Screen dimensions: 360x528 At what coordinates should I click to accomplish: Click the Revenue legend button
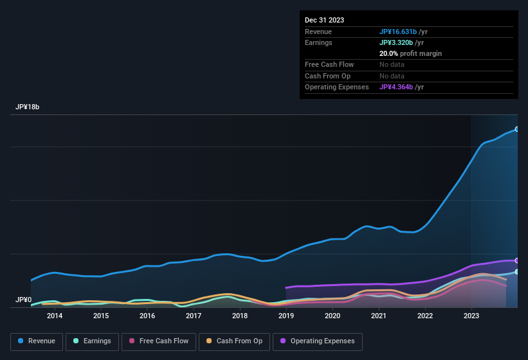coord(37,341)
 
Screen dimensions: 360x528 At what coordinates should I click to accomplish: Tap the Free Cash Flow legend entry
coord(158,341)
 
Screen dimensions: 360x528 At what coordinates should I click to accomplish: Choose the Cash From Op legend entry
coord(234,341)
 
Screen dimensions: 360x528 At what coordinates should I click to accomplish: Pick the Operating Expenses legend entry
coord(317,341)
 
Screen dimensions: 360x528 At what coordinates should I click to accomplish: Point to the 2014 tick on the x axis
coord(55,316)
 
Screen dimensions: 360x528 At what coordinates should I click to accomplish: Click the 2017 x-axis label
coord(194,316)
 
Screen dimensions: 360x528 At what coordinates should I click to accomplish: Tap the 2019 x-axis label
coord(286,316)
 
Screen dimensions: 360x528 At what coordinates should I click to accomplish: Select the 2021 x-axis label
coord(379,316)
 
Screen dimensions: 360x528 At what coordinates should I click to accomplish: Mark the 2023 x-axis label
coord(471,316)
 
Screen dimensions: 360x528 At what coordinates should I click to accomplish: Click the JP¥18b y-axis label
coord(28,107)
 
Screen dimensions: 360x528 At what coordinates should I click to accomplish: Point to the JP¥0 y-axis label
coord(24,300)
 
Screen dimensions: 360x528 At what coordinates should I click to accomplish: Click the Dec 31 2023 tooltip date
coord(324,20)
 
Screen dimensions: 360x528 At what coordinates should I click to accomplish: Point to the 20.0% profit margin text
coord(410,53)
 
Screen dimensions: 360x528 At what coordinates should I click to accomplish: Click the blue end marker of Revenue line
coord(517,129)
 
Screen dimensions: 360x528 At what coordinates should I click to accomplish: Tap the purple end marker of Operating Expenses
coord(517,260)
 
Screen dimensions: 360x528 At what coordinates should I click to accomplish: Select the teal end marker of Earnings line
coord(517,272)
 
